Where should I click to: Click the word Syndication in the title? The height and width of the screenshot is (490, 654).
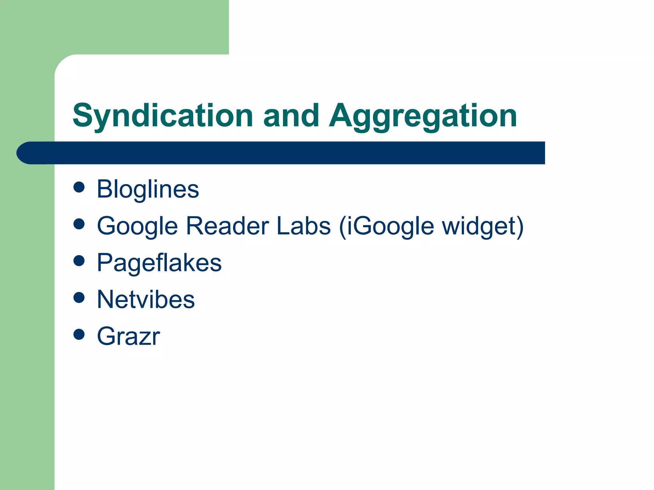coord(163,115)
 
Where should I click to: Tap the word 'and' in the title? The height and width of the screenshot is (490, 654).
coord(291,115)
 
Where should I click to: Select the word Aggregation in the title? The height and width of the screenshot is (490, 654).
coord(423,115)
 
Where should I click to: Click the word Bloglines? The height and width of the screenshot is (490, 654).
coord(148,189)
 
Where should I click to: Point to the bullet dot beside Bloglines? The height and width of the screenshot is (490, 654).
coord(79,187)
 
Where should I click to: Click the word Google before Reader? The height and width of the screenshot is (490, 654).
coord(137,226)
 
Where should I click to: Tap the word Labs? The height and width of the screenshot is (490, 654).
coord(304,226)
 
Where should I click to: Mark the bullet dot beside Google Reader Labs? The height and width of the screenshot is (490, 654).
coord(79,224)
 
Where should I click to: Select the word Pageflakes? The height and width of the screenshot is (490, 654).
coord(159,263)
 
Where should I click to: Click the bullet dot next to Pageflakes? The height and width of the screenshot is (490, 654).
coord(79,261)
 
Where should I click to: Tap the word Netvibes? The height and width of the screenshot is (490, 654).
coord(146,300)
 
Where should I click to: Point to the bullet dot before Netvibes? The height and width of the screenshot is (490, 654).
coord(79,298)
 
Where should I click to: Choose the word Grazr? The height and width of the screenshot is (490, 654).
coord(128,336)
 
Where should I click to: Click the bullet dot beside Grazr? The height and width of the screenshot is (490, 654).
coord(79,334)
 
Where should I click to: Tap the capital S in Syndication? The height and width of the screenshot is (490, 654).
coord(83,115)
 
